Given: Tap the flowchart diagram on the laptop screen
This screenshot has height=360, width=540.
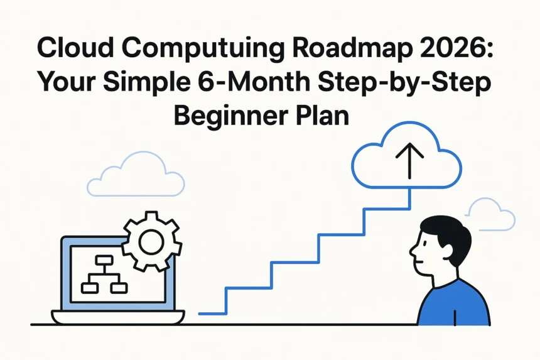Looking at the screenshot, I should coord(104,275).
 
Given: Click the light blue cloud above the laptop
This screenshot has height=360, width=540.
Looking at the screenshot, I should coord(135,175).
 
